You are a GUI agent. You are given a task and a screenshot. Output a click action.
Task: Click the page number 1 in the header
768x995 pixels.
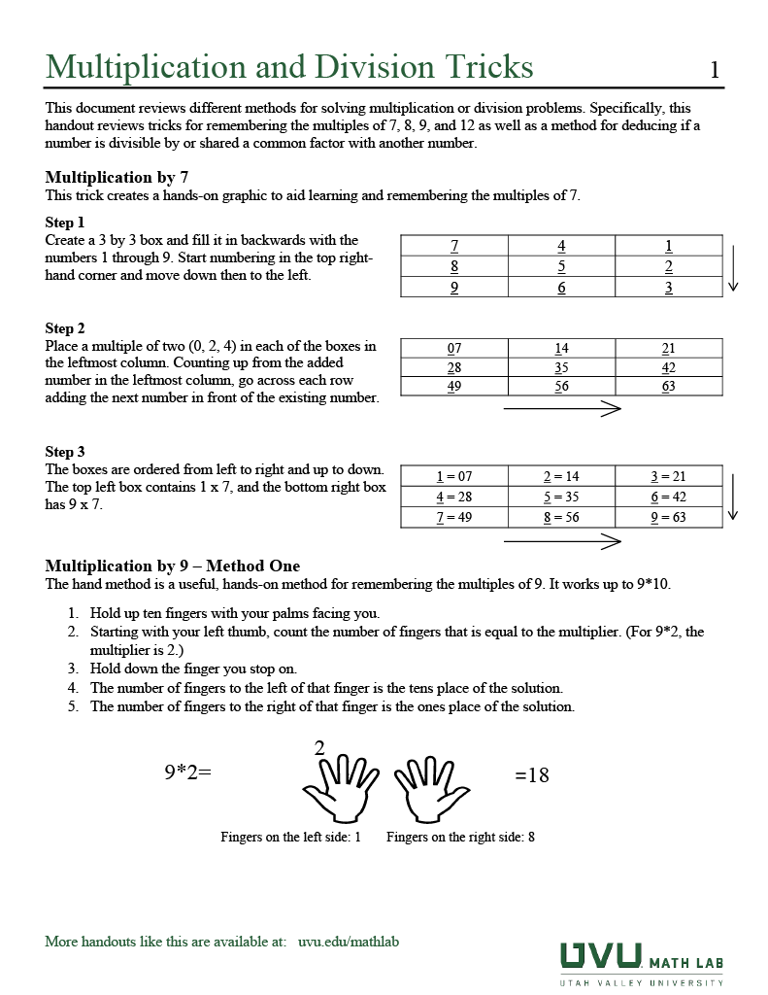pyautogui.click(x=715, y=70)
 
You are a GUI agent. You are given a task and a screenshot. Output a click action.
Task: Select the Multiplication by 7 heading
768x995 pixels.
pyautogui.click(x=117, y=177)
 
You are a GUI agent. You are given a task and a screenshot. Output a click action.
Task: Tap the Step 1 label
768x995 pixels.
pyautogui.click(x=65, y=223)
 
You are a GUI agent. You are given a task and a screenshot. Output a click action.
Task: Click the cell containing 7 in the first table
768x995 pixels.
pyautogui.click(x=454, y=246)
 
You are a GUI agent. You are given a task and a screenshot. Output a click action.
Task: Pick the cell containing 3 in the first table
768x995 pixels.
pyautogui.click(x=668, y=288)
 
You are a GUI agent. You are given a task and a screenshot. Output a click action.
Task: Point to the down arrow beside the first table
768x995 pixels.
pyautogui.click(x=734, y=268)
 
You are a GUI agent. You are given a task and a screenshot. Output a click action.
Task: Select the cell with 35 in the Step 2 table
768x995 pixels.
pyautogui.click(x=561, y=367)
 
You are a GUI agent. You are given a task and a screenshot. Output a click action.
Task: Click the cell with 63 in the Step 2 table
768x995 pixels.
pyautogui.click(x=668, y=386)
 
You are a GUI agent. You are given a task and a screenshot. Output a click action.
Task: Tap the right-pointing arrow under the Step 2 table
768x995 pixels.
pyautogui.click(x=562, y=409)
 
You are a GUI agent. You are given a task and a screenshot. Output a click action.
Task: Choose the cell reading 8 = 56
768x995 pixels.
pyautogui.click(x=561, y=517)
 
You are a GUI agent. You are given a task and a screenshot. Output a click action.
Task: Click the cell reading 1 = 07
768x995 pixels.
pyautogui.click(x=454, y=476)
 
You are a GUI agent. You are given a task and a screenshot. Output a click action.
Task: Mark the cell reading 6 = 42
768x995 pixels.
pyautogui.click(x=668, y=497)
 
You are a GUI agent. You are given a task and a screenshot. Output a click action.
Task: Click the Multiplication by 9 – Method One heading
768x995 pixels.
pyautogui.click(x=173, y=566)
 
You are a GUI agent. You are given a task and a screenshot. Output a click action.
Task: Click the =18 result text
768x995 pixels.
pyautogui.click(x=531, y=774)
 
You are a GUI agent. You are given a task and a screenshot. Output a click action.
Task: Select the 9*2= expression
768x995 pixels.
pyautogui.click(x=187, y=773)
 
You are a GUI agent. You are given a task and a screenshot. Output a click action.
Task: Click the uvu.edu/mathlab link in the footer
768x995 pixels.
pyautogui.click(x=349, y=942)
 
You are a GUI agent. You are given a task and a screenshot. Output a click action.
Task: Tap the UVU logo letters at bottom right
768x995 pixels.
pyautogui.click(x=600, y=956)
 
